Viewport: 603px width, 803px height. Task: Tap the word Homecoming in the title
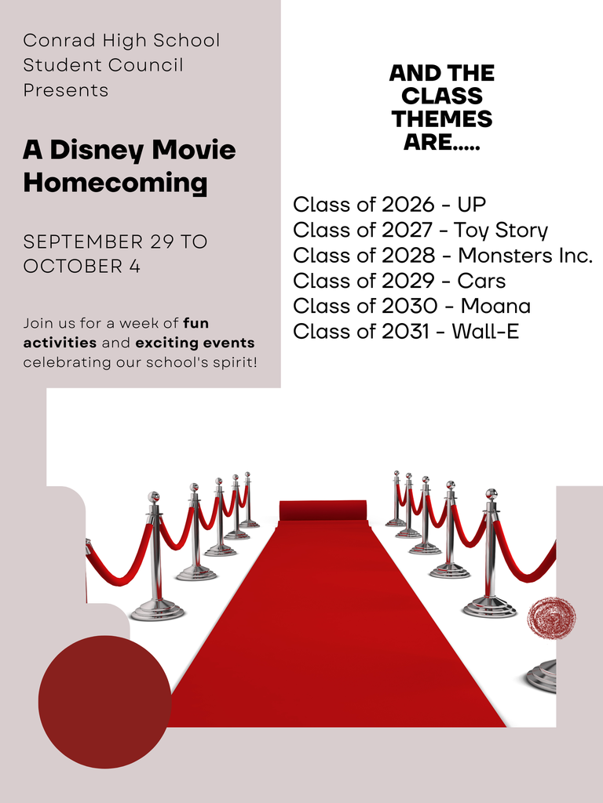[x=115, y=183]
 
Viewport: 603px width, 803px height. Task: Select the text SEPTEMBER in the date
[x=83, y=242]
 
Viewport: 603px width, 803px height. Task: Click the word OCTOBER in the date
[x=66, y=267]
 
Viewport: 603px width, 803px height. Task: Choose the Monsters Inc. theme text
[x=525, y=256]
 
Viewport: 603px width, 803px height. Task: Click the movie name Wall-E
[x=485, y=332]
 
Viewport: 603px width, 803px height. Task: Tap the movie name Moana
[x=495, y=307]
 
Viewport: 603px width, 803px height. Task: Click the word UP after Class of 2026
[x=472, y=205]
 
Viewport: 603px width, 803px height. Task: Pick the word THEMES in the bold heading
[x=442, y=119]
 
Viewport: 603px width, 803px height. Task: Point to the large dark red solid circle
[x=104, y=702]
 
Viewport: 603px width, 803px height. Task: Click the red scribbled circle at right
[x=551, y=618]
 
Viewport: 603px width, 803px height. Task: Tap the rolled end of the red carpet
[x=323, y=511]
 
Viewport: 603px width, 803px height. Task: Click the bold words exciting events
[x=195, y=343]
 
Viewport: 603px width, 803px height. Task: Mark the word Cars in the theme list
[x=481, y=281]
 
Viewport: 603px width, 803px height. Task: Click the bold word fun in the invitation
[x=196, y=323]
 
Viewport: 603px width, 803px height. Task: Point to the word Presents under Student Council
[x=66, y=90]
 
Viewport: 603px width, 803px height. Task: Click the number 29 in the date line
[x=162, y=242]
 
